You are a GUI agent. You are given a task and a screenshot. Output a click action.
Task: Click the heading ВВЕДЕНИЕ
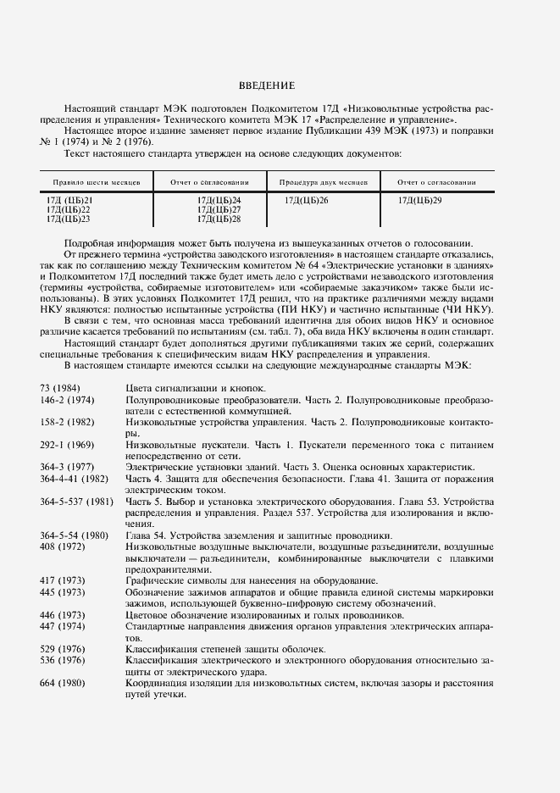point(266,86)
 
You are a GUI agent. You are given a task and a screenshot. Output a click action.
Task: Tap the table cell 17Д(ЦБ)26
point(307,200)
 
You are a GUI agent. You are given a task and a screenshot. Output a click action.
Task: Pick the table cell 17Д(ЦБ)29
point(419,200)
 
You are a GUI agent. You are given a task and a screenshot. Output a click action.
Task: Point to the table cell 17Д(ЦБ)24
point(219,200)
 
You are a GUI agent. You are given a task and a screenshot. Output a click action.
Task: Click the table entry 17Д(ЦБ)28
point(219,219)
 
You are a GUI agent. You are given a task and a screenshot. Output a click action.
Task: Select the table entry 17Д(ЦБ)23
point(68,219)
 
